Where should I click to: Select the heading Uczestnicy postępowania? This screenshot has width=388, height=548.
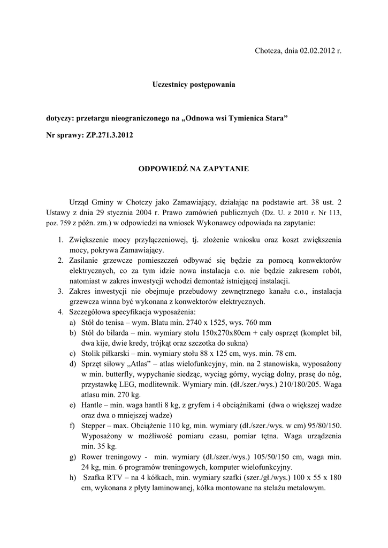[x=194, y=85]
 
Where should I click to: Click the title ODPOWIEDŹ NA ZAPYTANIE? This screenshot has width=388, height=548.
[x=194, y=169]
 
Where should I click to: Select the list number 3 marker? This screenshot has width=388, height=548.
[x=60, y=292]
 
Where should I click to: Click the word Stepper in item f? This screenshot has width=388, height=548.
[x=94, y=425]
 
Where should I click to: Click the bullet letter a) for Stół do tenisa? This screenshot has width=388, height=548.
[x=72, y=323]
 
